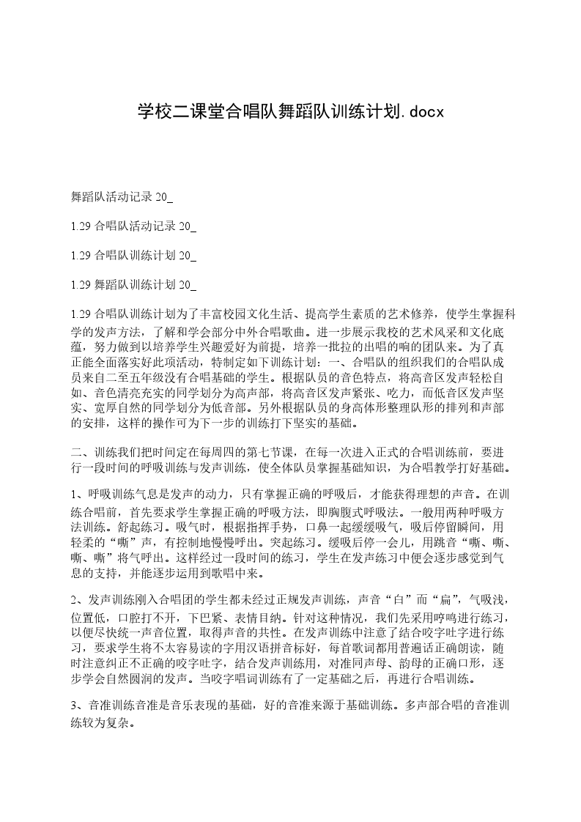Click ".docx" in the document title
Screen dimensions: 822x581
[421, 112]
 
